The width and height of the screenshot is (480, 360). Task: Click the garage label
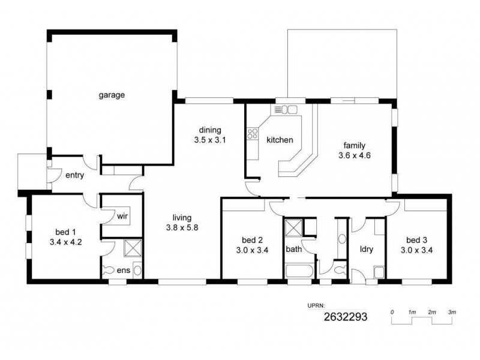tap(112, 94)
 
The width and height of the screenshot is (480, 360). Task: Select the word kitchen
tap(280, 140)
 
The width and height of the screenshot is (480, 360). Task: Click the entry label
tap(71, 176)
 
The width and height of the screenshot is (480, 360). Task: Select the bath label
tap(293, 249)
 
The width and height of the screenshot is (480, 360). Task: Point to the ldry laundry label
tap(367, 249)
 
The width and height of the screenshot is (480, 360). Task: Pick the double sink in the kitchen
tap(286, 109)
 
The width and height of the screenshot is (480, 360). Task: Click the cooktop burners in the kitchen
tap(251, 133)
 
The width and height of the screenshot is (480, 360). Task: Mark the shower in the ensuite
tap(131, 248)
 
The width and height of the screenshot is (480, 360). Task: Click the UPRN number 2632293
tap(345, 316)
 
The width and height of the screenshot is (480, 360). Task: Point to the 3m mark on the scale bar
tap(452, 313)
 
